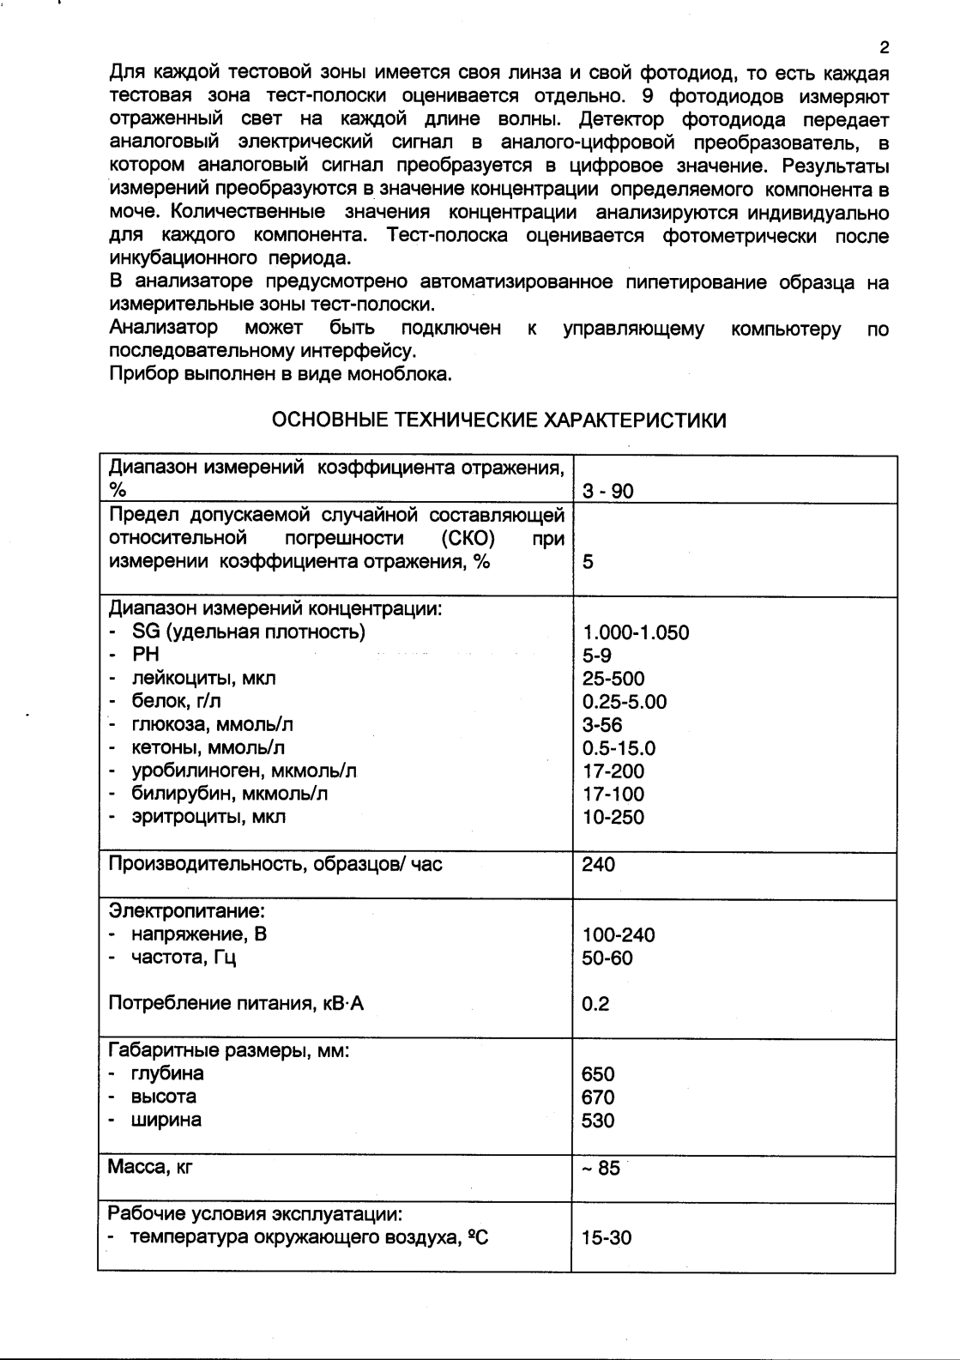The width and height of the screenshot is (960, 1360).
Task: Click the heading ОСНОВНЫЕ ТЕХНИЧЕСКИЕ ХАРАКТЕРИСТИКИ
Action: pos(498,420)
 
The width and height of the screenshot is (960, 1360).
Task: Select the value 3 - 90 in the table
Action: pos(607,492)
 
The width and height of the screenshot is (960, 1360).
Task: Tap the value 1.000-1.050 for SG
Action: pos(635,633)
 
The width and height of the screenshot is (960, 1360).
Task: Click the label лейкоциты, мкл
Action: pos(202,679)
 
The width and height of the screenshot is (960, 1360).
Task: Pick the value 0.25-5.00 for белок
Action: pos(624,702)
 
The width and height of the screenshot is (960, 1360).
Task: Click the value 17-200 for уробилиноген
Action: pos(613,771)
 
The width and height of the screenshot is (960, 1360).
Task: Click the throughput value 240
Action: pos(598,865)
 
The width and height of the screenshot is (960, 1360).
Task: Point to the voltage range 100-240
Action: pos(618,935)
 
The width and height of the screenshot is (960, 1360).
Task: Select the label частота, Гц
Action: pos(183,958)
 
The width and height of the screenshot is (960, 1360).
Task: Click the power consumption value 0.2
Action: pos(595,1004)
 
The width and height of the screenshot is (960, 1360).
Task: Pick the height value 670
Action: pos(598,1097)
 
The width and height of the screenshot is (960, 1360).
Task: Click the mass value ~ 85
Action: pos(601,1169)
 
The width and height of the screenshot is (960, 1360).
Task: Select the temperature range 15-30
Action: pos(606,1238)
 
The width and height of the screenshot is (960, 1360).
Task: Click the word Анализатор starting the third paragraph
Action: pos(163,329)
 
